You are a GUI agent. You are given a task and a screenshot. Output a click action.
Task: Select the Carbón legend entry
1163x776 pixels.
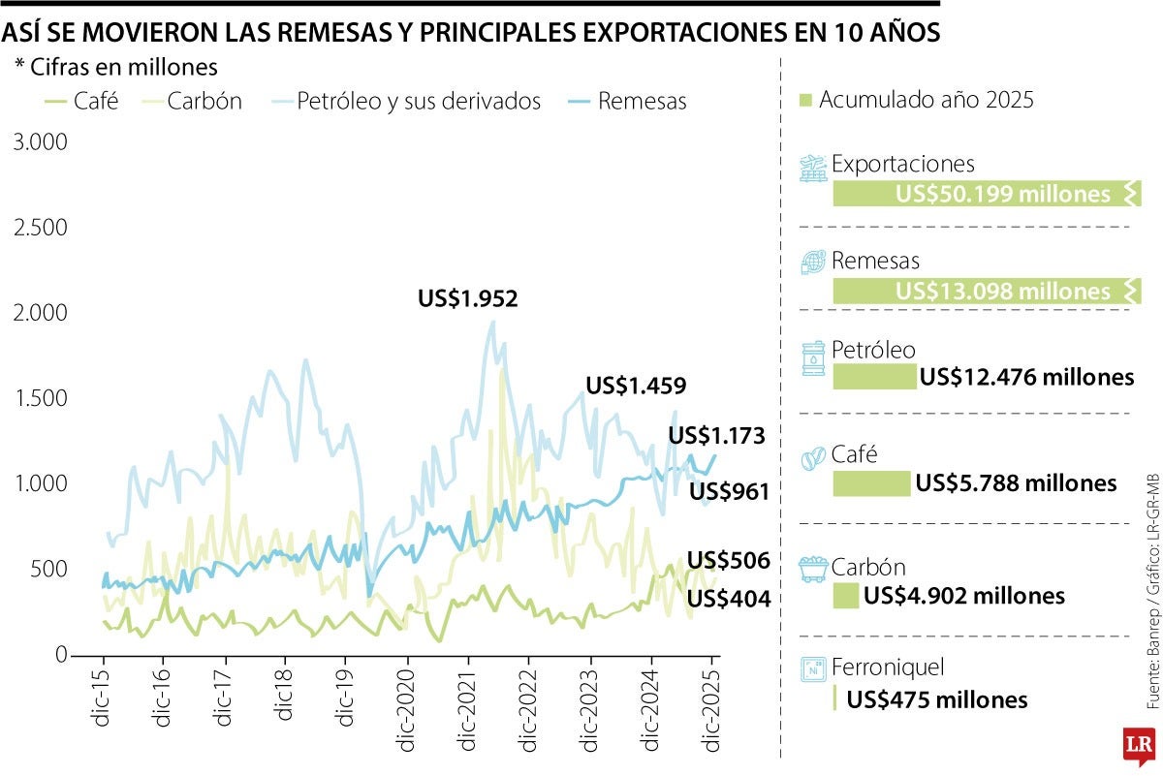pos(192,101)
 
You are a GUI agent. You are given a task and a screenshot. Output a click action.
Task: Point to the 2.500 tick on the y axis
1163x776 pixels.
pos(40,228)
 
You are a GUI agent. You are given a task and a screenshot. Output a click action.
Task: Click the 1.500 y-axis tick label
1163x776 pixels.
pos(40,398)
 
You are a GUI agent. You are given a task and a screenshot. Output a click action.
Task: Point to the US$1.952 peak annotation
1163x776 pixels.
pos(468,299)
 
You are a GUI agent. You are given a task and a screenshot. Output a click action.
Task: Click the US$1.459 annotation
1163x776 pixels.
pos(636,386)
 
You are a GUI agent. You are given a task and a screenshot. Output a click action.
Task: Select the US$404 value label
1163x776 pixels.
pos(729,600)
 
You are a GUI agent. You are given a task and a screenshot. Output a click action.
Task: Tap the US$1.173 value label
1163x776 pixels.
pos(717,436)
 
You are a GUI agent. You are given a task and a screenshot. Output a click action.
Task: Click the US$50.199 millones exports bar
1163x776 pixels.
pos(986,194)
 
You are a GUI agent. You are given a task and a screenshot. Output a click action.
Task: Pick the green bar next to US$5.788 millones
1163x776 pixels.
pos(871,482)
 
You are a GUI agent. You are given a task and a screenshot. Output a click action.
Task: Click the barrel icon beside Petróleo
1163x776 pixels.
pos(812,358)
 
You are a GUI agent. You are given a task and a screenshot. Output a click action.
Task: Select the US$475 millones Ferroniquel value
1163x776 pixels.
pos(937,699)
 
